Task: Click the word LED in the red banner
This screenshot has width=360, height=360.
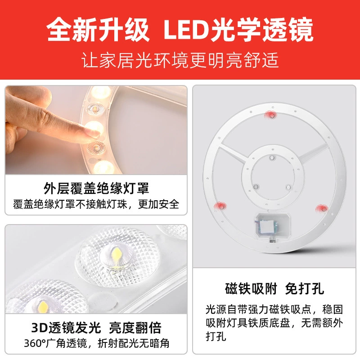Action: tap(186, 30)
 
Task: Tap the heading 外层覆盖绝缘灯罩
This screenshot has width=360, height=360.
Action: tap(96, 188)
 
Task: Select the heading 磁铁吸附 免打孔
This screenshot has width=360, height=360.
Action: tap(274, 288)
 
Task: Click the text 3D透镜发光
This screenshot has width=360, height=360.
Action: tap(66, 328)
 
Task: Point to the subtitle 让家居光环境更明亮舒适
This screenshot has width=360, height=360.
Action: tap(180, 60)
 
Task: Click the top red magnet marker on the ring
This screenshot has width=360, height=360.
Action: tap(272, 115)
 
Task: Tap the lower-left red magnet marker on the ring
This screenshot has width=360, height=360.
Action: tap(220, 206)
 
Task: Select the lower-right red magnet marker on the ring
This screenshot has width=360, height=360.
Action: tap(322, 208)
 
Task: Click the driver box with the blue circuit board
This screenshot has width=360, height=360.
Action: tap(273, 226)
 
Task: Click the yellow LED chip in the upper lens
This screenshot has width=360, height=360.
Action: tap(117, 254)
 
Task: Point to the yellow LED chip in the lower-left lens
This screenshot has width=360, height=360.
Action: tap(43, 306)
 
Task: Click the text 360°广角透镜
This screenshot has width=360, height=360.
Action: tap(55, 343)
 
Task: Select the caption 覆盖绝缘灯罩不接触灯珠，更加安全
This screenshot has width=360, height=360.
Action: tap(96, 204)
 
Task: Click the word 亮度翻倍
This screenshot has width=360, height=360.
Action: tap(135, 328)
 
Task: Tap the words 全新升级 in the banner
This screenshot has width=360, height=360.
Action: tap(98, 30)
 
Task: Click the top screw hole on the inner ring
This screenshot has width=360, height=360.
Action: tap(272, 157)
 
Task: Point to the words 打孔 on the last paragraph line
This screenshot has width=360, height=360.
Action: tap(216, 337)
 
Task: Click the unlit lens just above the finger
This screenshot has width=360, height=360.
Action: tap(96, 108)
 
